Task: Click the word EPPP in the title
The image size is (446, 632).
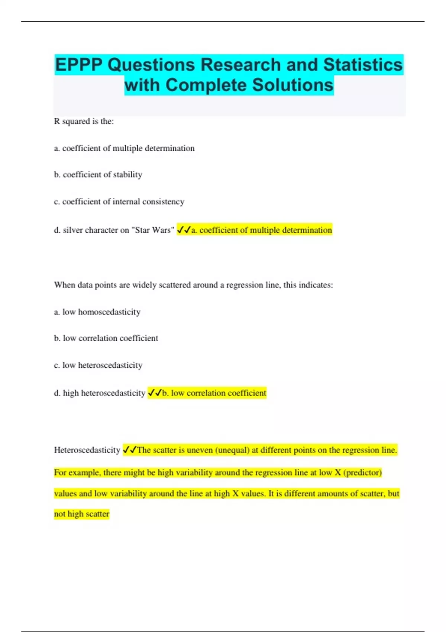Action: [x=79, y=65]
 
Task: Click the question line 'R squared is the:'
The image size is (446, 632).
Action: [x=84, y=121]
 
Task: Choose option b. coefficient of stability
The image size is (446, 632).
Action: [x=98, y=175]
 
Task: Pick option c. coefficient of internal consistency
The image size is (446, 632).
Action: [x=119, y=201]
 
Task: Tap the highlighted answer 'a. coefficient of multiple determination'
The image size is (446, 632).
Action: [x=261, y=230]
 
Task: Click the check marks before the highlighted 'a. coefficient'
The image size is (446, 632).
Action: [x=184, y=230]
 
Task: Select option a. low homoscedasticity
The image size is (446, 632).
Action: [x=97, y=312]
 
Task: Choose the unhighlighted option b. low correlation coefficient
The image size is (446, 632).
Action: [x=106, y=338]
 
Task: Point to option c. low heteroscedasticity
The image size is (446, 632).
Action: [x=98, y=365]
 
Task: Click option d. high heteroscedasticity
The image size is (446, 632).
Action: [x=100, y=393]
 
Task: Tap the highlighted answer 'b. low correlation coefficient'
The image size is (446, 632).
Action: [x=214, y=393]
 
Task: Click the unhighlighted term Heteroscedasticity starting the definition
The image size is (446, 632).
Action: [x=87, y=450]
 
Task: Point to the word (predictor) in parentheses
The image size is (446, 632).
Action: [x=362, y=473]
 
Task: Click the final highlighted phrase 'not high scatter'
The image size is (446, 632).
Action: [x=82, y=514]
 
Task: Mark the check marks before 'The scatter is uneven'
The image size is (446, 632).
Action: [x=130, y=450]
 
